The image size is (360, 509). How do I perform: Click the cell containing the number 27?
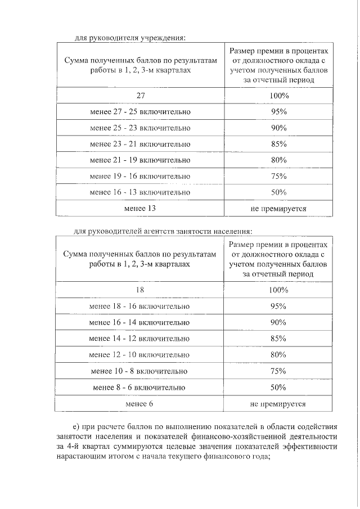140,96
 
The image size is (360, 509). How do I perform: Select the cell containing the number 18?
140,290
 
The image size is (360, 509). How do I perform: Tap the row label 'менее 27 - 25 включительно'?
140,112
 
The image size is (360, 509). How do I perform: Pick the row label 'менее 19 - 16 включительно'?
140,177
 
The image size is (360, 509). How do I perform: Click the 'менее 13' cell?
140,209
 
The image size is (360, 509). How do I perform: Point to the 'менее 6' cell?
140,404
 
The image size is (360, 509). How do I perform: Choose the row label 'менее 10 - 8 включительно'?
140,371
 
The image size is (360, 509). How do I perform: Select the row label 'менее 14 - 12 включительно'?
140,339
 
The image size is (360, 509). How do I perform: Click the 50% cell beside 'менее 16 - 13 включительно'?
278,192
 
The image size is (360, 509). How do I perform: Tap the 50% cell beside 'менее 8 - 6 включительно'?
278,388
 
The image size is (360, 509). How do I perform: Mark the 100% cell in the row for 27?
278,96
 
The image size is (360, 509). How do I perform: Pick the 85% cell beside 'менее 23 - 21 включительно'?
278,144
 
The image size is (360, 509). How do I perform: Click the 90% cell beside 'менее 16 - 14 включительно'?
278,322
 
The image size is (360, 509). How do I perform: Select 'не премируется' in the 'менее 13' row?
278,209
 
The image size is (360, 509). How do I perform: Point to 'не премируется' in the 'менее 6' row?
278,404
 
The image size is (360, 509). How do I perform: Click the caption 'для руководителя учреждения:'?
130,38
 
